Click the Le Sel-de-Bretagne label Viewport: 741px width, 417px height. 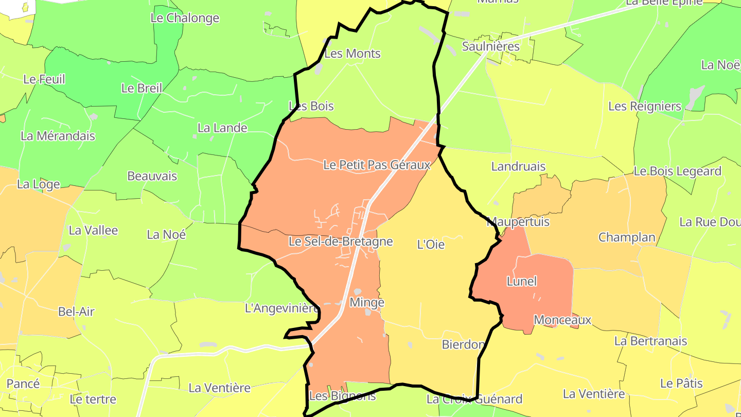pos(341,241)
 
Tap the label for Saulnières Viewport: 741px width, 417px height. pos(491,46)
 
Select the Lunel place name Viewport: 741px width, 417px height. pos(522,282)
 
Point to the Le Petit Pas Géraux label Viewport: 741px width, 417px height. pos(377,165)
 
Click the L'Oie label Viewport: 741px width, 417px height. pos(431,245)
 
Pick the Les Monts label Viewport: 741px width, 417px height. pos(353,54)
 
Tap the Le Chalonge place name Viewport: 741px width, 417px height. pos(185,18)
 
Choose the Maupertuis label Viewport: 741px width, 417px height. pos(518,222)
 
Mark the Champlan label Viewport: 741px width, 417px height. pos(627,237)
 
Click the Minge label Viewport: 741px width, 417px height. pos(367,303)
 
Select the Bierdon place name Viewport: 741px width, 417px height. pos(463,345)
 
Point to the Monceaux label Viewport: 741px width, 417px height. pos(562,320)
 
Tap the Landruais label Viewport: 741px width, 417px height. pos(518,167)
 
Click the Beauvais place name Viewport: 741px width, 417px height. pos(152,176)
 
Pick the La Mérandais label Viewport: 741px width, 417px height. pos(58,136)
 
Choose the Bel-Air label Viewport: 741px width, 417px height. pos(76,311)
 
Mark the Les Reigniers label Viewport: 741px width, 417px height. pos(645,107)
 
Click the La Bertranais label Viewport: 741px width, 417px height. pos(650,341)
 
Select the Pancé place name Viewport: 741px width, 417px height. pos(23,384)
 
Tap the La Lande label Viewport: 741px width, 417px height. pos(222,128)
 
